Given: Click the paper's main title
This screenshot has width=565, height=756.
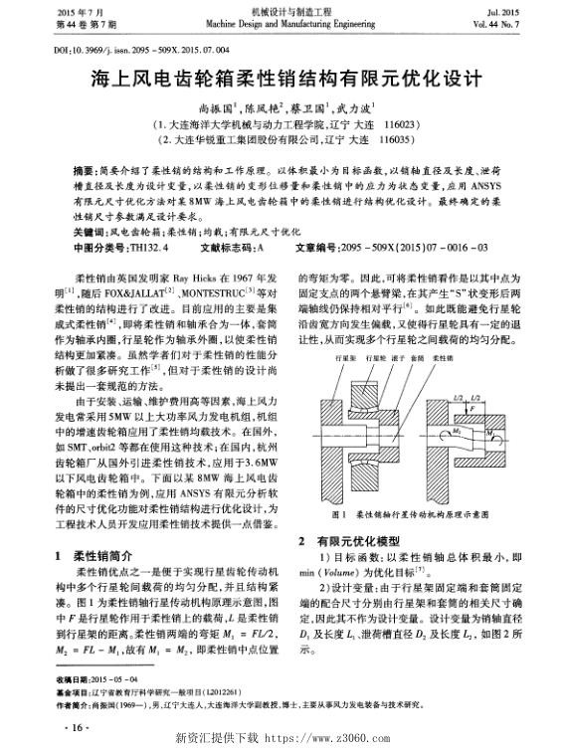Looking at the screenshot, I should coord(282,77).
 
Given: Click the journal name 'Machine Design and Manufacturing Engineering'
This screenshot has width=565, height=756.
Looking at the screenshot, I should coord(283,24).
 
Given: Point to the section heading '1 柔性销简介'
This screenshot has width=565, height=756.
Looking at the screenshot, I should coord(95,554).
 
